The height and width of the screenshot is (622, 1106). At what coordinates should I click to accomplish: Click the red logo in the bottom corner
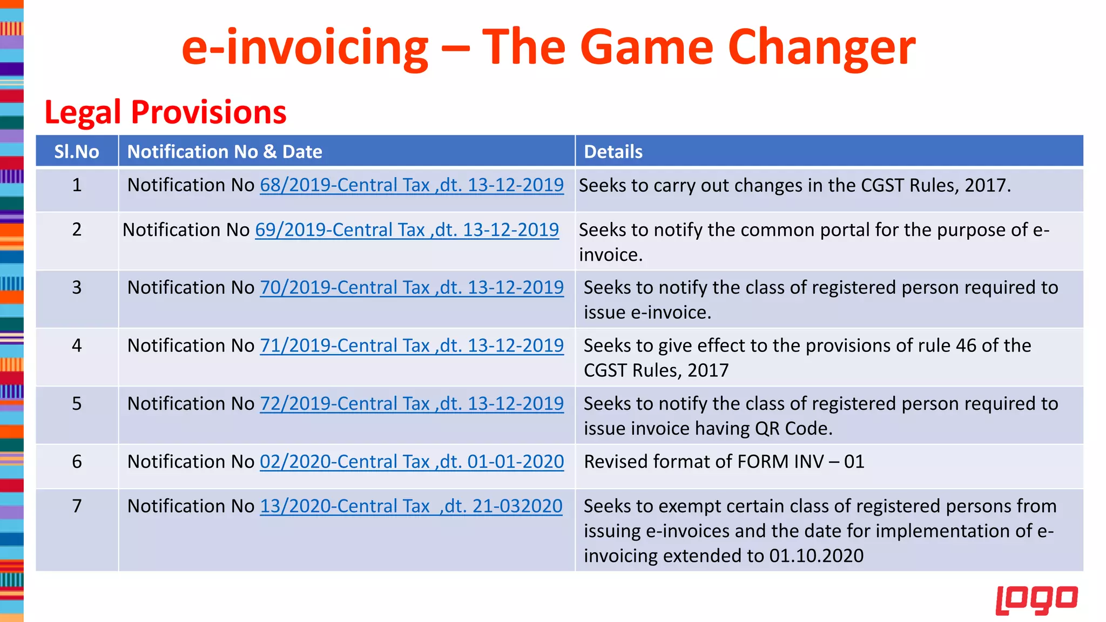[1036, 600]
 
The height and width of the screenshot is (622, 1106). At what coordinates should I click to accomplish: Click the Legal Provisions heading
[165, 112]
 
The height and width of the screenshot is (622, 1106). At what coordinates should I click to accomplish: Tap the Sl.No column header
[77, 152]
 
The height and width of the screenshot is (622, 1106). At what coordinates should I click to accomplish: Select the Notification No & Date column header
[225, 152]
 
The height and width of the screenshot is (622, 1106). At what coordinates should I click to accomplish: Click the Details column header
[613, 152]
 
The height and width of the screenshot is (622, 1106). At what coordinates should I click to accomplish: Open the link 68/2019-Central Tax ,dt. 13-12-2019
[412, 185]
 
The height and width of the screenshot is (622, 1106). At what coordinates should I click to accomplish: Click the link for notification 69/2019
[407, 230]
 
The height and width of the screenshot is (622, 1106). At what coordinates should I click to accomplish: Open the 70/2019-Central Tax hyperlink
[412, 288]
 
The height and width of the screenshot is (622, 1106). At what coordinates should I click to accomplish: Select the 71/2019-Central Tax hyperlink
[412, 346]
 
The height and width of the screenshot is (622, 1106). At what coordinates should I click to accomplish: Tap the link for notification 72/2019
[412, 404]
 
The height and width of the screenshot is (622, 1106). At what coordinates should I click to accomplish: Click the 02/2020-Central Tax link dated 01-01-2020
[412, 462]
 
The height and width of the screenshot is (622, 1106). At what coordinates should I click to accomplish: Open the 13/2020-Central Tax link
[411, 506]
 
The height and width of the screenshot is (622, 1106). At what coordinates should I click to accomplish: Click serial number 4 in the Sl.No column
[77, 346]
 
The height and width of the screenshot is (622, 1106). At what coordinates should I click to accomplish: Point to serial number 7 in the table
[77, 506]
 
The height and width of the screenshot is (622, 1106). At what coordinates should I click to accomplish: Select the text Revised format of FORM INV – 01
[724, 462]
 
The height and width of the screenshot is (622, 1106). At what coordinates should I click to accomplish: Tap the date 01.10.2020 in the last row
[816, 556]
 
